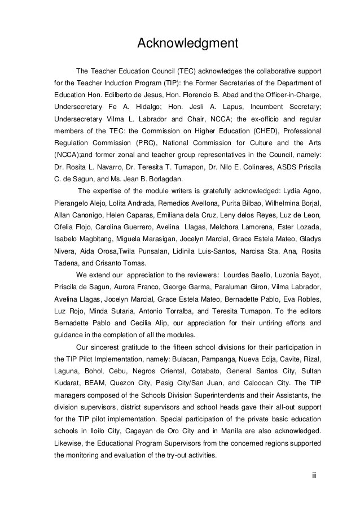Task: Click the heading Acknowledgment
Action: click(x=181, y=43)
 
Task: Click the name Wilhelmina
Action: click(x=276, y=203)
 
